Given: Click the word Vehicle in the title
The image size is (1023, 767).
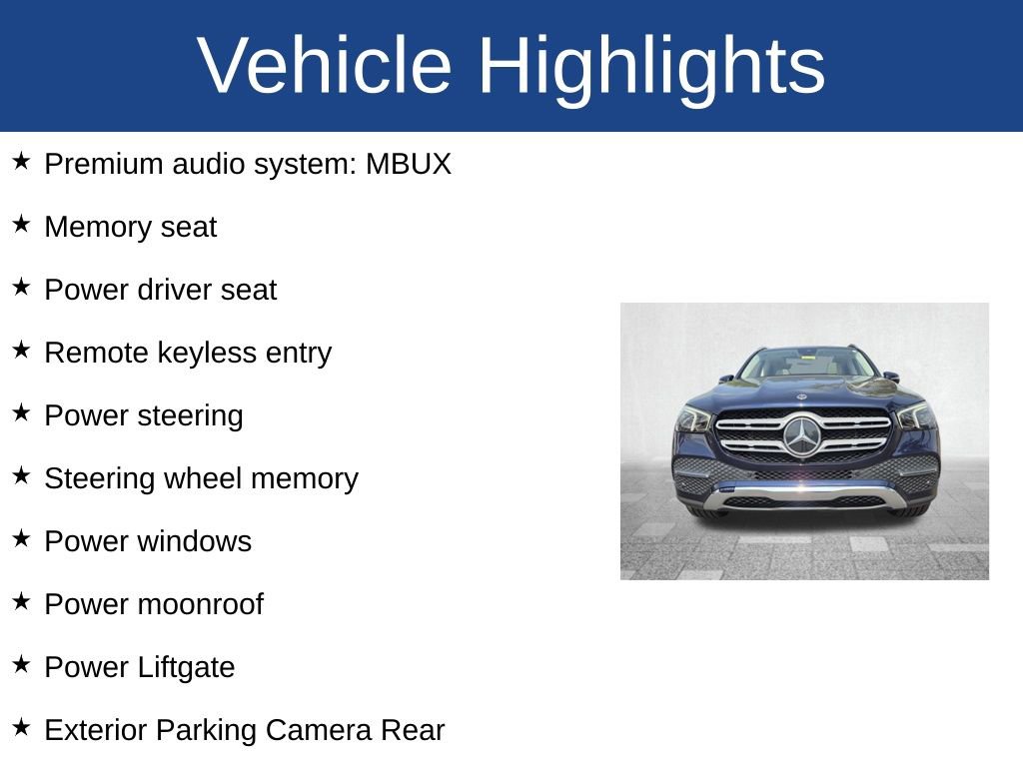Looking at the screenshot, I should pyautogui.click(x=325, y=66).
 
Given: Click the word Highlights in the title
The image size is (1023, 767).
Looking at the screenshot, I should pyautogui.click(x=651, y=66).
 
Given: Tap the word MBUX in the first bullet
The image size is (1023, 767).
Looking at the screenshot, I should pyautogui.click(x=409, y=164).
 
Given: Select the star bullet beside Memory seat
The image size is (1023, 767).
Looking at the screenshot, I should pyautogui.click(x=22, y=225).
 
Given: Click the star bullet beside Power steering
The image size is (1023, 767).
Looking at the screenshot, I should pyautogui.click(x=22, y=413).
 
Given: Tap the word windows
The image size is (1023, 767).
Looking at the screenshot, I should pyautogui.click(x=194, y=541).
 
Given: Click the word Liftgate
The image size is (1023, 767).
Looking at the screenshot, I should pyautogui.click(x=187, y=667).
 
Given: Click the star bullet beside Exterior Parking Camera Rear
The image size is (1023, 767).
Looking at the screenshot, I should pyautogui.click(x=22, y=728).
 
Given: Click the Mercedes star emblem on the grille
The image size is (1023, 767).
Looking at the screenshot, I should pyautogui.click(x=801, y=436).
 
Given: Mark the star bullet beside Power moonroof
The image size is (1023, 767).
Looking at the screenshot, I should pyautogui.click(x=22, y=602).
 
